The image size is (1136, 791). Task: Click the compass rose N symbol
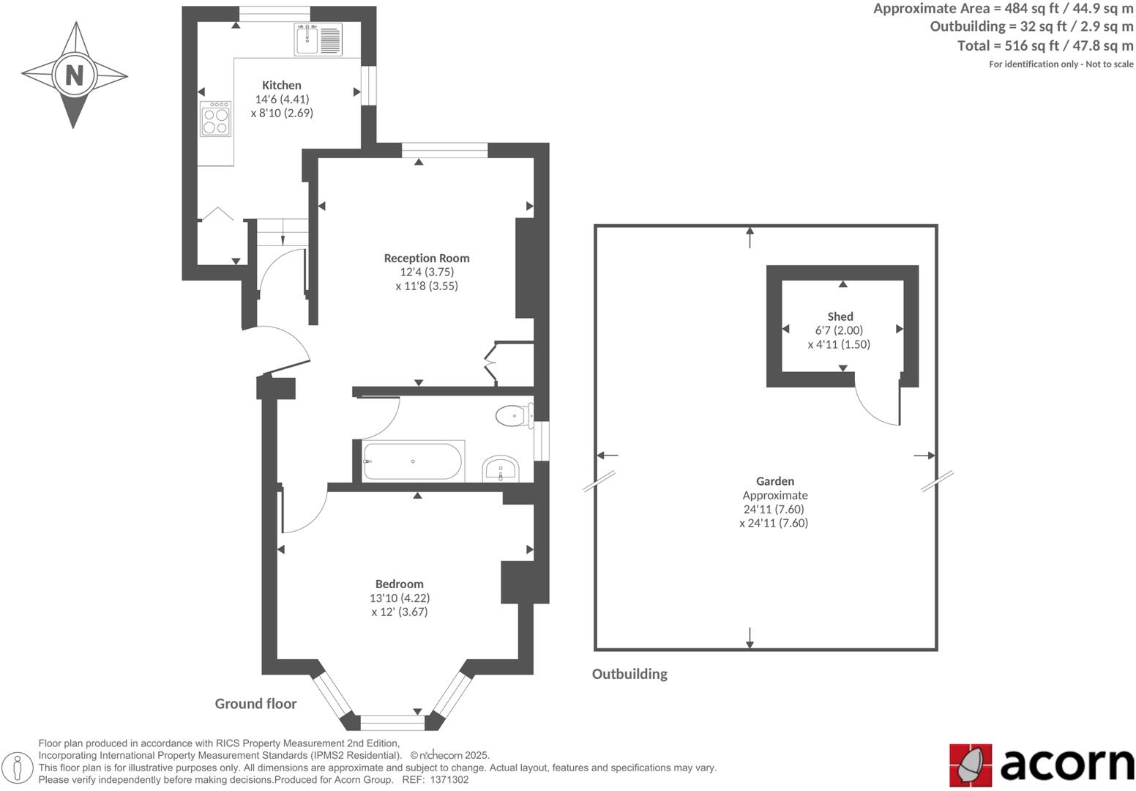pos(74,75)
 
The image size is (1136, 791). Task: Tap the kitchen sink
pos(318,39)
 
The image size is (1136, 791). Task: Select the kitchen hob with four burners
pos(216,119)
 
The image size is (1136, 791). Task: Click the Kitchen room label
pos(282,85)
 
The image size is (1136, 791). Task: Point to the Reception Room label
pos(427,258)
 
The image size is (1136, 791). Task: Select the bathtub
pos(413,461)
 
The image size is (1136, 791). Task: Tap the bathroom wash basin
pos(501,468)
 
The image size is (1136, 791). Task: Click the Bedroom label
pos(399,584)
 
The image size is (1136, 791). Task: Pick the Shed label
pos(840,316)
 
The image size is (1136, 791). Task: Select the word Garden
pos(775,481)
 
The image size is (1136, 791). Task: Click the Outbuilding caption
pos(629,674)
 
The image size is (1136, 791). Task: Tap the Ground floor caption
pos(255,704)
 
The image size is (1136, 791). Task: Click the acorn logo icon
pos(971,765)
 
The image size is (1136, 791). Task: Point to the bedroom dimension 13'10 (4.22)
pos(399,598)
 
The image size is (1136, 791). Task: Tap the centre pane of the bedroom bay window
pos(392,722)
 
